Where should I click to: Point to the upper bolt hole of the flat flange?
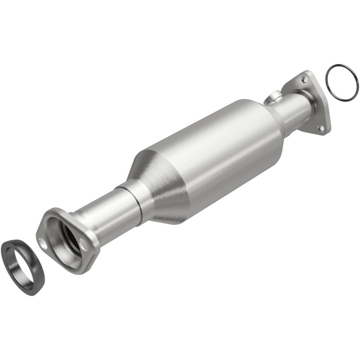point(306,80)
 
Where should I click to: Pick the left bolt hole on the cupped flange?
point(43,243)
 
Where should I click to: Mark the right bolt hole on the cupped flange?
point(84,244)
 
